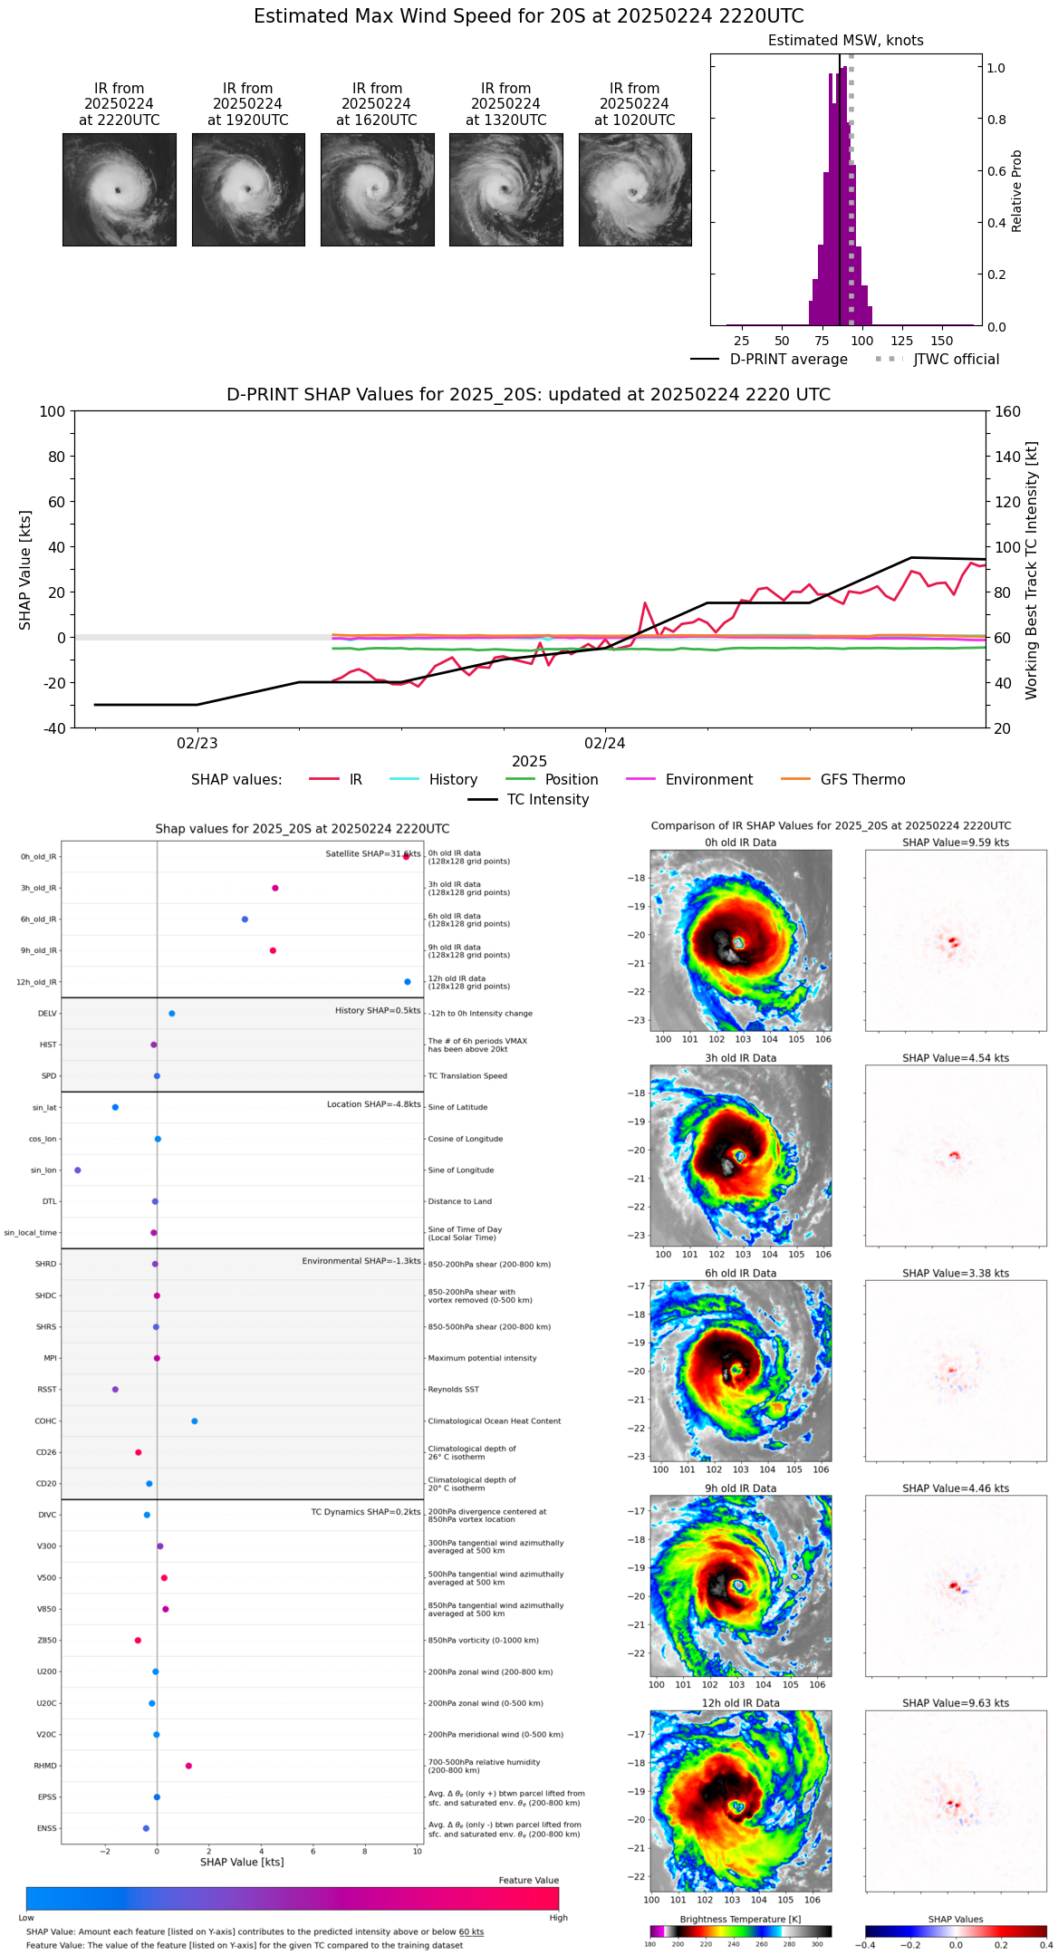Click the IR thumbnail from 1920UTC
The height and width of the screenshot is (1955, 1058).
pyautogui.click(x=248, y=189)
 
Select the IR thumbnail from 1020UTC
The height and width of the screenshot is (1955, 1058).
pyautogui.click(x=635, y=189)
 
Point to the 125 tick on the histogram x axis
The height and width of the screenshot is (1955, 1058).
pyautogui.click(x=902, y=341)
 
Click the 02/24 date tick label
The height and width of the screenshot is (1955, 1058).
pyautogui.click(x=605, y=744)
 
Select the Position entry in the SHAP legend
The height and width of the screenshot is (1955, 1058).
pyautogui.click(x=571, y=780)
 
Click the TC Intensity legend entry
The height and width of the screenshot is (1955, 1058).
pyautogui.click(x=547, y=800)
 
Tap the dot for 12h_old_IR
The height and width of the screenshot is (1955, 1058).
pyautogui.click(x=408, y=982)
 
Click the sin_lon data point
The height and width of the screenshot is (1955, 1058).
pyautogui.click(x=78, y=1170)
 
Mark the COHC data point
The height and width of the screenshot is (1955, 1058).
pyautogui.click(x=195, y=1421)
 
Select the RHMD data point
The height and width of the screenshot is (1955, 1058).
pyautogui.click(x=188, y=1766)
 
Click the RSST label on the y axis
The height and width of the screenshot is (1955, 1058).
pyautogui.click(x=47, y=1390)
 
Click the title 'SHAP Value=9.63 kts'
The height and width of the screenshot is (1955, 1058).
pyautogui.click(x=956, y=1703)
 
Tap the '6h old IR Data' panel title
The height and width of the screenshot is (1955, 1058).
pyautogui.click(x=740, y=1273)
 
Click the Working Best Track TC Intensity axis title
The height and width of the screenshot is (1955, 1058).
pyautogui.click(x=1032, y=571)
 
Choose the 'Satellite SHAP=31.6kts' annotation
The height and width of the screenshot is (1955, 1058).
pyautogui.click(x=373, y=853)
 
